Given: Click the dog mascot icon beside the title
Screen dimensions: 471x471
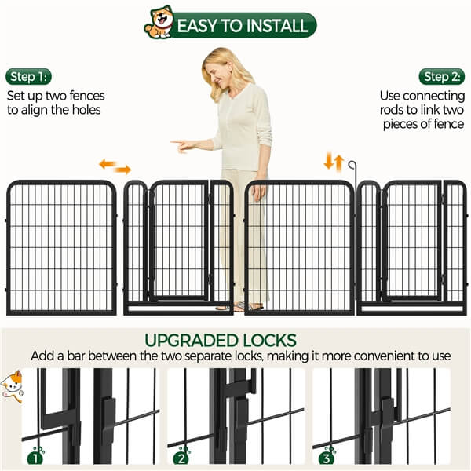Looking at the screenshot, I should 159,23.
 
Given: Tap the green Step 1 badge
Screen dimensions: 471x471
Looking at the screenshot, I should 29,77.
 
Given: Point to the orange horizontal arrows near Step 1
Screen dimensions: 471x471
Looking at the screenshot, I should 115,166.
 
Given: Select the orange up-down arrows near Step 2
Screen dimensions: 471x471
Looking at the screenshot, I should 334,162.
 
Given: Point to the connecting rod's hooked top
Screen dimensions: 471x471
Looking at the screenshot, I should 353,165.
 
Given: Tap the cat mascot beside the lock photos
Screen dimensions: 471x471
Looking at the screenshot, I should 11,385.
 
